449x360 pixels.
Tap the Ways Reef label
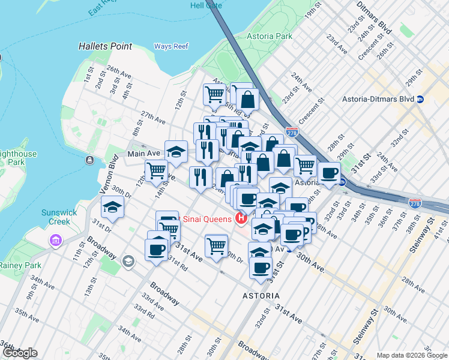(x=171, y=46)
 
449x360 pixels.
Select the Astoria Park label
(x=270, y=36)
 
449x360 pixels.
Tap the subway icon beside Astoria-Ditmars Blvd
(x=421, y=99)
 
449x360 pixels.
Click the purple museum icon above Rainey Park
(x=56, y=241)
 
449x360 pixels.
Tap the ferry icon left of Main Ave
(x=89, y=160)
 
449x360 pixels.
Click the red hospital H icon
(x=241, y=218)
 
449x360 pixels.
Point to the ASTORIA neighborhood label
(x=261, y=296)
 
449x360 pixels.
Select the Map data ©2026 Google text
(x=411, y=355)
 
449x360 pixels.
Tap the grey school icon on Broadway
(x=128, y=262)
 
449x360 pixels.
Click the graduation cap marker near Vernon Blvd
(x=112, y=207)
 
